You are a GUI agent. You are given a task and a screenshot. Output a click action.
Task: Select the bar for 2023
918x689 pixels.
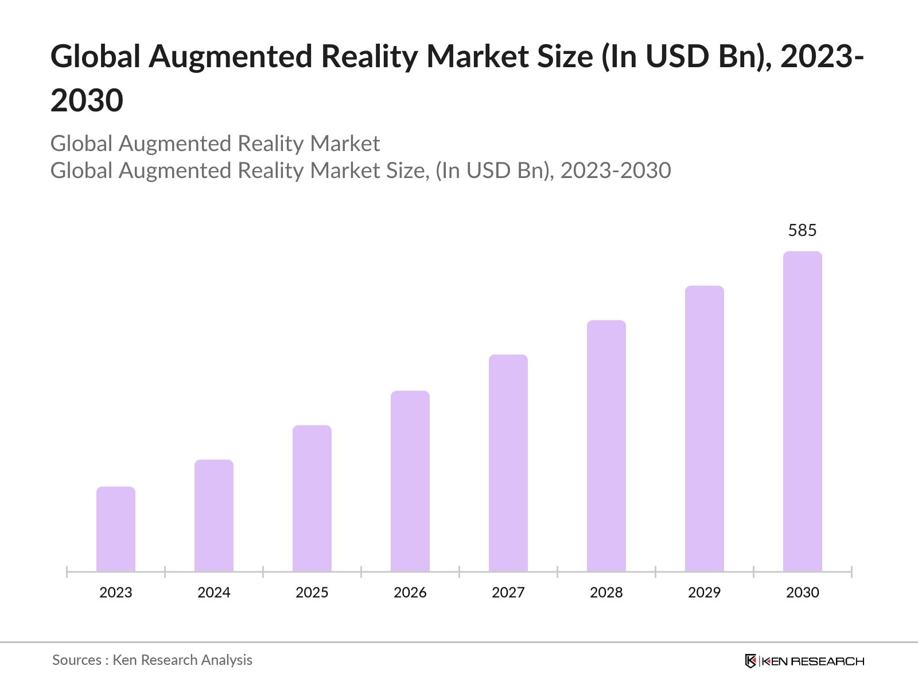point(116,529)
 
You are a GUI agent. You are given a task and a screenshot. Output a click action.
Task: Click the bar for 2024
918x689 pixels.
point(214,515)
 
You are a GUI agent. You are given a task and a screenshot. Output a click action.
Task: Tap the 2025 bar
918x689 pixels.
point(312,498)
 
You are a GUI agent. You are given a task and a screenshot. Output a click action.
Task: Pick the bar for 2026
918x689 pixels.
point(410,481)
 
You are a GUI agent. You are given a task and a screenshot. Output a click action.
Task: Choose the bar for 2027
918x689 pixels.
point(508,463)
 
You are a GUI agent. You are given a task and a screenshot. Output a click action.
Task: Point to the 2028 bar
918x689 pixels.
point(606,446)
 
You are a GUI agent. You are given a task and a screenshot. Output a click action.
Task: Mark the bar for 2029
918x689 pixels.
point(705,428)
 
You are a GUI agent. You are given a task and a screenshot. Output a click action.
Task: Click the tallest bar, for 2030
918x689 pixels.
point(803,411)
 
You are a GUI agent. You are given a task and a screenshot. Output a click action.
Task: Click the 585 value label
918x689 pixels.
point(802,230)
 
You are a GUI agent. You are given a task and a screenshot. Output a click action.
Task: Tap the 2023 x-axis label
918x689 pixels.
point(116,593)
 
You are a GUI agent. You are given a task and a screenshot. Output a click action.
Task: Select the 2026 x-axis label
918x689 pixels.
point(410,593)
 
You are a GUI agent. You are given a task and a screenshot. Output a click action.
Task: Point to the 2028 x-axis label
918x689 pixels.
point(606,593)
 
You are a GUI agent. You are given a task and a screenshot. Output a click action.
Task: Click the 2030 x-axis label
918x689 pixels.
point(803,593)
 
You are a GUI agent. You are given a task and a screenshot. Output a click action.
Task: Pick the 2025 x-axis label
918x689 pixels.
point(312,593)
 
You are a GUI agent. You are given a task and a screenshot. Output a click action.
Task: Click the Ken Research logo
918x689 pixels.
point(804,661)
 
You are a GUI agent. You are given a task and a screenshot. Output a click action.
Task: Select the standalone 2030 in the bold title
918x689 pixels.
point(87,100)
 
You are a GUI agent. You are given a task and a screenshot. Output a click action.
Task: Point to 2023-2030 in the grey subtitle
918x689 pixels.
point(616,171)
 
